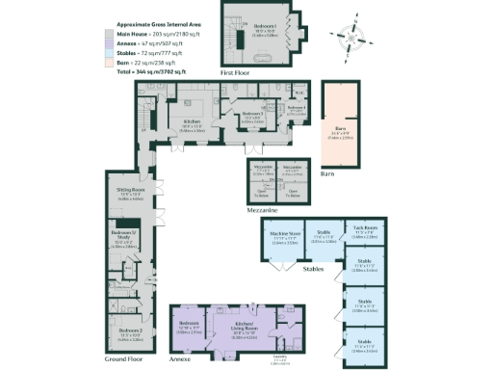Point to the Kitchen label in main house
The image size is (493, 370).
click(x=191, y=120)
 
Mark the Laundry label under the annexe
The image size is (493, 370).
click(x=254, y=359)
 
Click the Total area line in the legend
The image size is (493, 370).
click(x=152, y=72)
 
